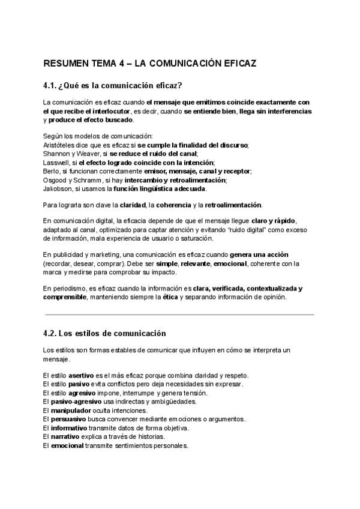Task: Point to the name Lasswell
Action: click(x=55, y=163)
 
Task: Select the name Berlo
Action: click(x=51, y=171)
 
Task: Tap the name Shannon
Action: click(x=56, y=154)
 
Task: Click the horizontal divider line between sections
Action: click(x=180, y=315)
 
